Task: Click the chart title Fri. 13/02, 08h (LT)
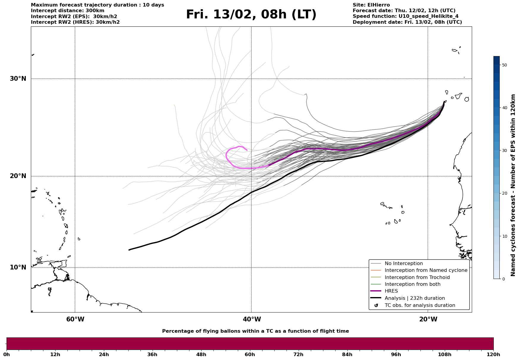(251, 15)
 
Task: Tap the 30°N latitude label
(18, 79)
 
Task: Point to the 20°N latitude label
(18, 176)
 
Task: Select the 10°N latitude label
(18, 267)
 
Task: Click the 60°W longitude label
(75, 319)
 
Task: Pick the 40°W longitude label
(252, 319)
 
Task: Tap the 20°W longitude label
(428, 319)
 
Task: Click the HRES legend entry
(391, 291)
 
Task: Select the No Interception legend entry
(404, 264)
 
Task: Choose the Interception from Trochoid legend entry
(417, 277)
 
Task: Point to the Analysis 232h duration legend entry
(414, 298)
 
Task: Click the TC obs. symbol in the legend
(376, 305)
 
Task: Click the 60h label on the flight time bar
(250, 354)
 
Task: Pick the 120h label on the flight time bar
(493, 354)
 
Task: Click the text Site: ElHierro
(371, 5)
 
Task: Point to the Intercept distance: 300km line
(68, 11)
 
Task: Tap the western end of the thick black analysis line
(129, 250)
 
